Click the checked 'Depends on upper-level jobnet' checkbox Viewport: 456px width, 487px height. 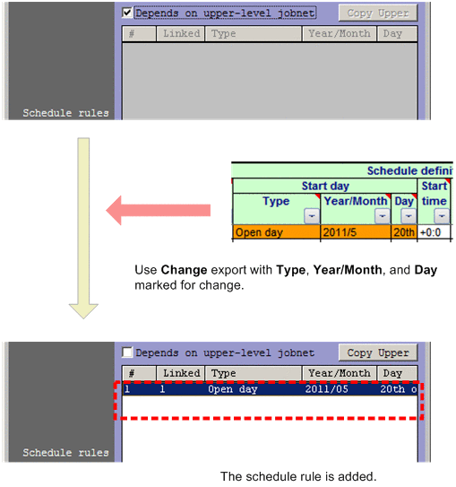coord(127,13)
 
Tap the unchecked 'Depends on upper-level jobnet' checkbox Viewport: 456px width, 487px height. coord(127,353)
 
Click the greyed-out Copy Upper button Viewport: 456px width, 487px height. coord(377,13)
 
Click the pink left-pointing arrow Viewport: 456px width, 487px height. coord(158,213)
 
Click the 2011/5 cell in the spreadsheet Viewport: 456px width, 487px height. coord(355,232)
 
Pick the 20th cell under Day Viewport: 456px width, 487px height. coord(404,232)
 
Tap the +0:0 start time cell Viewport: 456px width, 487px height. coord(434,232)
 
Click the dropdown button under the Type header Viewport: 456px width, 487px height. coord(311,216)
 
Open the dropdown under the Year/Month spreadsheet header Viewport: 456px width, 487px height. coord(382,216)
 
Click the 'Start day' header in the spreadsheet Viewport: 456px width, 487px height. coord(324,186)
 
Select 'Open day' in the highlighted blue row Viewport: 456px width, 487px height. coord(233,390)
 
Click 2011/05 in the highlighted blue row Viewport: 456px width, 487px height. coord(325,390)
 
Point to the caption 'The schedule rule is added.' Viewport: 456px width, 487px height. coord(298,475)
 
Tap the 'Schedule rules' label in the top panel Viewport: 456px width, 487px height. coord(65,113)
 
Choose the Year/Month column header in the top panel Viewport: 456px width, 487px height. coord(339,34)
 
